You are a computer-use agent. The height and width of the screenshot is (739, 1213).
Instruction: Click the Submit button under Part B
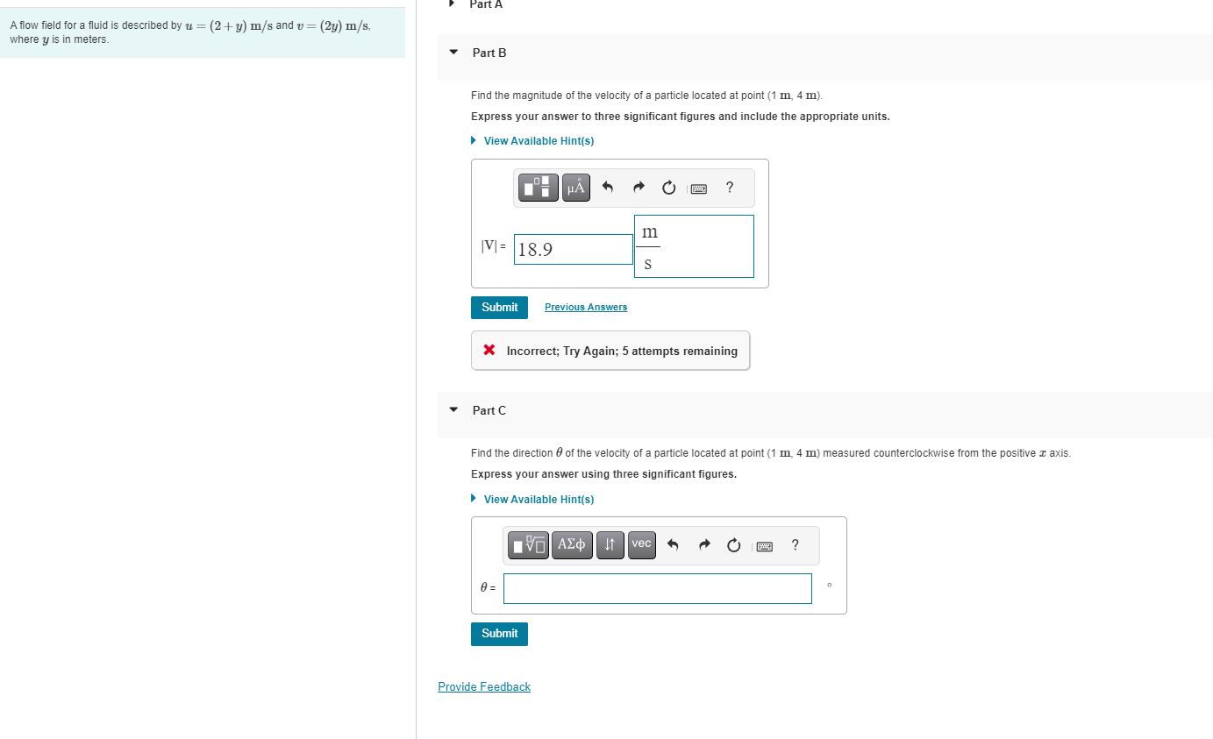pos(499,307)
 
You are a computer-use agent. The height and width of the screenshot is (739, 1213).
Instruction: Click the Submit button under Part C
pos(499,633)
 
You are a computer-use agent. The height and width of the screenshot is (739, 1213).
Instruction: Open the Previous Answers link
pos(586,307)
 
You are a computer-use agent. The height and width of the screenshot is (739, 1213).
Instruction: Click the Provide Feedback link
pos(484,686)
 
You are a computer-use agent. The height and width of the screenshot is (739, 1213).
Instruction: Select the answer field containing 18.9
pos(573,249)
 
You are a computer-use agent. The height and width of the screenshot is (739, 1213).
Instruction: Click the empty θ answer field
pos(657,588)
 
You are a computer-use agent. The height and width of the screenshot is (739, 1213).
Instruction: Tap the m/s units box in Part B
pos(693,246)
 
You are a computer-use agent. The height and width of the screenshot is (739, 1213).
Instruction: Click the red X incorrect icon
pos(489,351)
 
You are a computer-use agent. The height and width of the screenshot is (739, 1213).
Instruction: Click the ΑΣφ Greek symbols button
pos(572,544)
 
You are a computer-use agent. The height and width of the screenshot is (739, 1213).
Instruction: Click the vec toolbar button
pos(641,544)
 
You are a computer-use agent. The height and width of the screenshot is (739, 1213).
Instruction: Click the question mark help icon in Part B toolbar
pos(730,187)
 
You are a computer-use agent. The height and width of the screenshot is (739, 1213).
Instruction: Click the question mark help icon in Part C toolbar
pos(795,545)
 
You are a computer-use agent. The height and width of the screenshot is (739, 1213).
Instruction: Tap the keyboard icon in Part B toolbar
pos(699,188)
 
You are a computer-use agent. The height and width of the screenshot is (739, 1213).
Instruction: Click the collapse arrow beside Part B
pos(453,53)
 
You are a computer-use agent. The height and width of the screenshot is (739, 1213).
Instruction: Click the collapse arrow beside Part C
pos(453,410)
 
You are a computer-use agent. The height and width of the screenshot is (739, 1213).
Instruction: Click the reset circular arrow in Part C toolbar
pos(734,545)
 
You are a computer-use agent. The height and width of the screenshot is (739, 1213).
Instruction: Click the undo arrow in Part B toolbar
pos(608,188)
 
